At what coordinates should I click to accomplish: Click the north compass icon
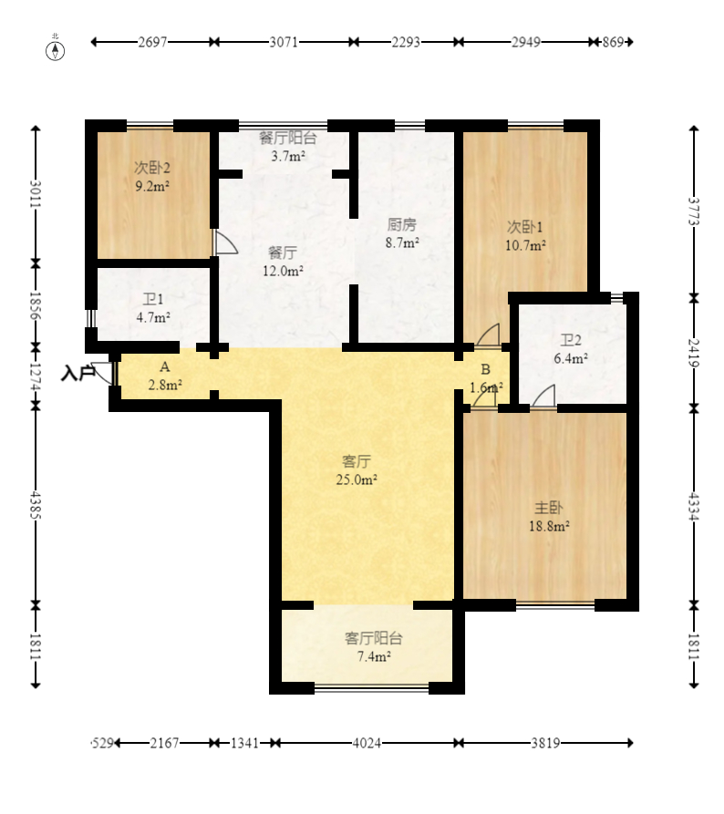(55, 50)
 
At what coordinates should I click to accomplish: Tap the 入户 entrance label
(77, 373)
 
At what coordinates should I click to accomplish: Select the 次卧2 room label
(152, 169)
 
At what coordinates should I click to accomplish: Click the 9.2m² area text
(152, 186)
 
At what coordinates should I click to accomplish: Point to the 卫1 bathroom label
(153, 300)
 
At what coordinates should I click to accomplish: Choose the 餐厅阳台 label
(288, 138)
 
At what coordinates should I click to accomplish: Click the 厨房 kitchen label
(402, 225)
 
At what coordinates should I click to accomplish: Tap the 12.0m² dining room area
(283, 271)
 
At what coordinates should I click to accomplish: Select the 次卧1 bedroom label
(524, 227)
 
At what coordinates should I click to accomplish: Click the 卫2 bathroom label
(570, 341)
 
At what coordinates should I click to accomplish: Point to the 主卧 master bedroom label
(548, 508)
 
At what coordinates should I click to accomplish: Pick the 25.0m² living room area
(357, 479)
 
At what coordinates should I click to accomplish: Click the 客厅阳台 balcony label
(374, 639)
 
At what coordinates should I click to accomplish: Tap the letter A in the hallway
(165, 367)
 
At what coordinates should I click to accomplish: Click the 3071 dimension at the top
(284, 42)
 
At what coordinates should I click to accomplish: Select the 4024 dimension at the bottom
(367, 744)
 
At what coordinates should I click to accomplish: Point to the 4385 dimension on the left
(36, 504)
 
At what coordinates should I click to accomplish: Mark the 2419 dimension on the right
(694, 353)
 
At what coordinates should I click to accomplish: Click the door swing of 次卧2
(225, 242)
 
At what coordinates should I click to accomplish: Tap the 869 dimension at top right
(613, 42)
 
